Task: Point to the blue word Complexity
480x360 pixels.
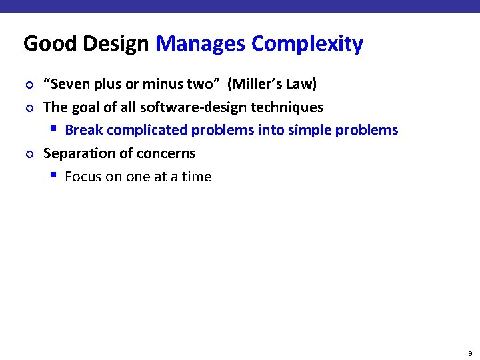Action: coord(307,44)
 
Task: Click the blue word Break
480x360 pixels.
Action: coord(83,130)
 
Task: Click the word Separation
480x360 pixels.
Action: coord(77,153)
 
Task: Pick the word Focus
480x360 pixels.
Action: coord(83,177)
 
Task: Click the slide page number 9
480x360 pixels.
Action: coord(470,353)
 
